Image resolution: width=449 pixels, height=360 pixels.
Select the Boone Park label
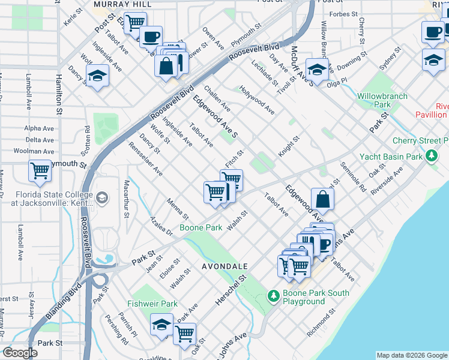tap(201, 228)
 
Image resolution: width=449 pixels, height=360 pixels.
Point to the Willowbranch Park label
tap(382, 100)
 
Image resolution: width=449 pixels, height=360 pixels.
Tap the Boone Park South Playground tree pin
tap(274, 296)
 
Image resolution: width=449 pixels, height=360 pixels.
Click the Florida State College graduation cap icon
tap(102, 198)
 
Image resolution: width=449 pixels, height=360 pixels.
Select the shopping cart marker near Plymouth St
tap(40, 171)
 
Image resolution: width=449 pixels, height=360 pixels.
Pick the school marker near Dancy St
tap(96, 76)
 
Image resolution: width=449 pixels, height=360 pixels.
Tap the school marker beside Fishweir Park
tap(161, 325)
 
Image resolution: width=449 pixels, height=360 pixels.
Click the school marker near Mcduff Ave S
tap(317, 69)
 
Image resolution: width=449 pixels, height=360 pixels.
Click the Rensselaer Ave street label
tap(145, 158)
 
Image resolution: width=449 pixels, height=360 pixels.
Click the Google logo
tap(20, 353)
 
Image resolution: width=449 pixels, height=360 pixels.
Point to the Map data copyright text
tap(411, 355)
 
